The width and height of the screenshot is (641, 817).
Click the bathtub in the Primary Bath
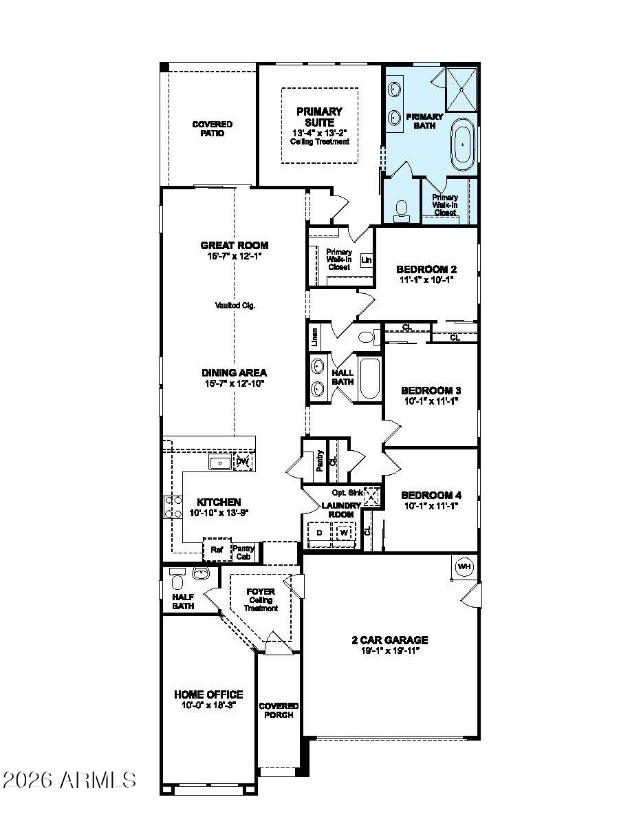pyautogui.click(x=463, y=144)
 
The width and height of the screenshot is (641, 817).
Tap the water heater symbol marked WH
pyautogui.click(x=465, y=566)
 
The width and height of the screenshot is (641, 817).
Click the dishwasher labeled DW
pyautogui.click(x=242, y=462)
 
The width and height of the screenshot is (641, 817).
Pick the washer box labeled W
pyautogui.click(x=344, y=533)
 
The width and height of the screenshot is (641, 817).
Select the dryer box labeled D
pyautogui.click(x=319, y=533)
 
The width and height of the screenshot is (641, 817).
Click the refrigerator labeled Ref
pyautogui.click(x=217, y=549)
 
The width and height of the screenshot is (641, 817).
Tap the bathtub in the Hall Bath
pyautogui.click(x=369, y=378)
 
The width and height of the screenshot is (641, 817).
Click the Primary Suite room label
pyautogui.click(x=319, y=116)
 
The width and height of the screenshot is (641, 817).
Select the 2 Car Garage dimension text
pyautogui.click(x=389, y=650)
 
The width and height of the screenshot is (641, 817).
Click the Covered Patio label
pyautogui.click(x=212, y=129)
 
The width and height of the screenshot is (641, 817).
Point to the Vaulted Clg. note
pyautogui.click(x=235, y=306)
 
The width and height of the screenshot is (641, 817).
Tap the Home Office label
pyautogui.click(x=208, y=694)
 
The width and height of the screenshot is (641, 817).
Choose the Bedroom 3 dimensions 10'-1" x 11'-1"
pyautogui.click(x=431, y=401)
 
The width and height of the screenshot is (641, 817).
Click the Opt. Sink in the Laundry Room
pyautogui.click(x=371, y=495)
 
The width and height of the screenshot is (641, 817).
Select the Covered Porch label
pyautogui.click(x=279, y=710)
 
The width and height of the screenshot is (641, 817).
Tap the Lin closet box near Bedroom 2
pyautogui.click(x=366, y=260)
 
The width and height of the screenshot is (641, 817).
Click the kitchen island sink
pyautogui.click(x=219, y=463)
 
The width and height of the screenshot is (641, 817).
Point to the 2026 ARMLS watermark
pyautogui.click(x=69, y=780)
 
